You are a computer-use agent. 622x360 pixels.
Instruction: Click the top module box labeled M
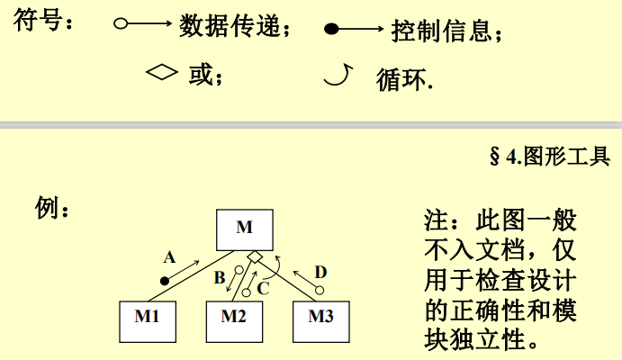click(245, 229)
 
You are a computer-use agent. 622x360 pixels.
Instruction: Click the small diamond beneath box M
click(256, 258)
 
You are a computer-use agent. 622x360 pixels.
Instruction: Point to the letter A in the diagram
click(168, 257)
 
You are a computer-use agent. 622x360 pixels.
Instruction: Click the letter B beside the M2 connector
click(220, 278)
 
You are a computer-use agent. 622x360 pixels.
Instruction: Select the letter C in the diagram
click(263, 289)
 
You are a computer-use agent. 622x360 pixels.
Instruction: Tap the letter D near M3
click(320, 272)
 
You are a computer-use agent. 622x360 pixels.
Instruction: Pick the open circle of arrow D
click(318, 289)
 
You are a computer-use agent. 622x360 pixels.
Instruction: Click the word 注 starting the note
click(436, 220)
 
